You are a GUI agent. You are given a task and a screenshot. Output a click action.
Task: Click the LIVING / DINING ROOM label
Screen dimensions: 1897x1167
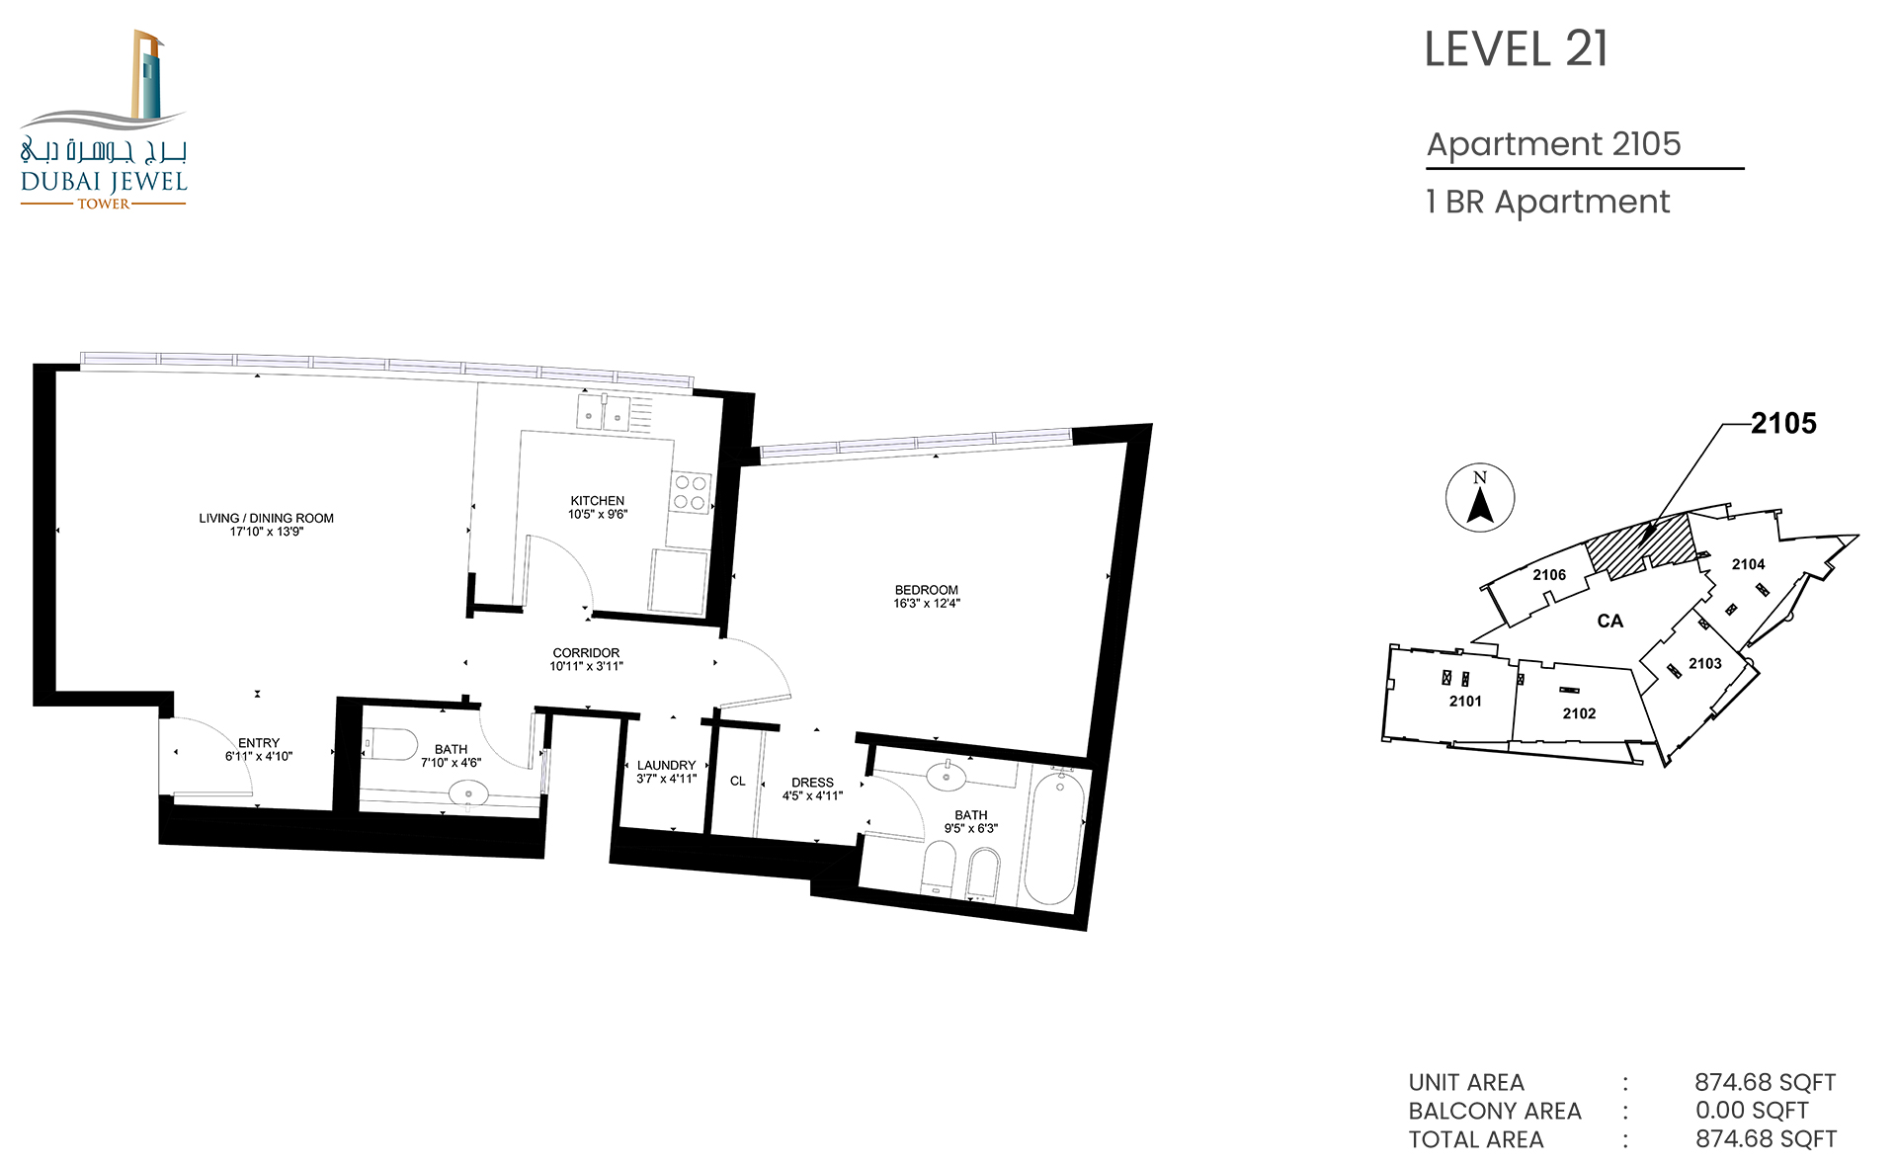tap(266, 518)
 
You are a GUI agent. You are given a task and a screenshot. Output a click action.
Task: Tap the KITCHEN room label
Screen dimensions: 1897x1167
tap(598, 501)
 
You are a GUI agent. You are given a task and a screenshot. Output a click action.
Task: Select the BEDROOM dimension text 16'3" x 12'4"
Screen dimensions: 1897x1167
tap(927, 604)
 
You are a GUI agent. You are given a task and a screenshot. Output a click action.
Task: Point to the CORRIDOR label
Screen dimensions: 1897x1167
tap(586, 653)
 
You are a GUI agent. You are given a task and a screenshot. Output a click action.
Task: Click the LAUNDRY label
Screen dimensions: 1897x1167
tap(666, 766)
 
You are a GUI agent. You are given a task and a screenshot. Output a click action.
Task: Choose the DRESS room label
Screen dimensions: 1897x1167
tap(812, 783)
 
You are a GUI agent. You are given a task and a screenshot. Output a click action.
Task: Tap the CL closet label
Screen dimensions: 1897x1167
tap(738, 781)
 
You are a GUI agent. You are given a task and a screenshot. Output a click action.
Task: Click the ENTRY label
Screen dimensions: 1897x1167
tap(259, 743)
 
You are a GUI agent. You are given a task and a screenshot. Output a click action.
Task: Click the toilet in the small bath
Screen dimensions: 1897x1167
tap(391, 744)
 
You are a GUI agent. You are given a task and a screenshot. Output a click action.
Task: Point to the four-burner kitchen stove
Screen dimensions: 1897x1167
tap(691, 492)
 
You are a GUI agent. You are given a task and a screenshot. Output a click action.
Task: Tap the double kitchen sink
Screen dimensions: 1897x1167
tap(603, 413)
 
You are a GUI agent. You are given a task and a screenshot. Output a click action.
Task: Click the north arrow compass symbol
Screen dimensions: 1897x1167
tap(1480, 498)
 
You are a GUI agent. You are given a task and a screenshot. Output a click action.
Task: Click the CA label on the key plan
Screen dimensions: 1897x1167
tap(1610, 622)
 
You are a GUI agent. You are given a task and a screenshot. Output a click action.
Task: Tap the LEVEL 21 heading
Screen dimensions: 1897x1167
tap(1517, 49)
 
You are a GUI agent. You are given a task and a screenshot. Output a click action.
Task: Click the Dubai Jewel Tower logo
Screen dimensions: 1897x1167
tap(104, 120)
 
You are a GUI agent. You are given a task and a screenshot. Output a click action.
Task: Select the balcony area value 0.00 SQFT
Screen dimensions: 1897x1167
tap(1752, 1111)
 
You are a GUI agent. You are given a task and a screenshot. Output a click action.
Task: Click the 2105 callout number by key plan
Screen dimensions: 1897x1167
tap(1784, 424)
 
